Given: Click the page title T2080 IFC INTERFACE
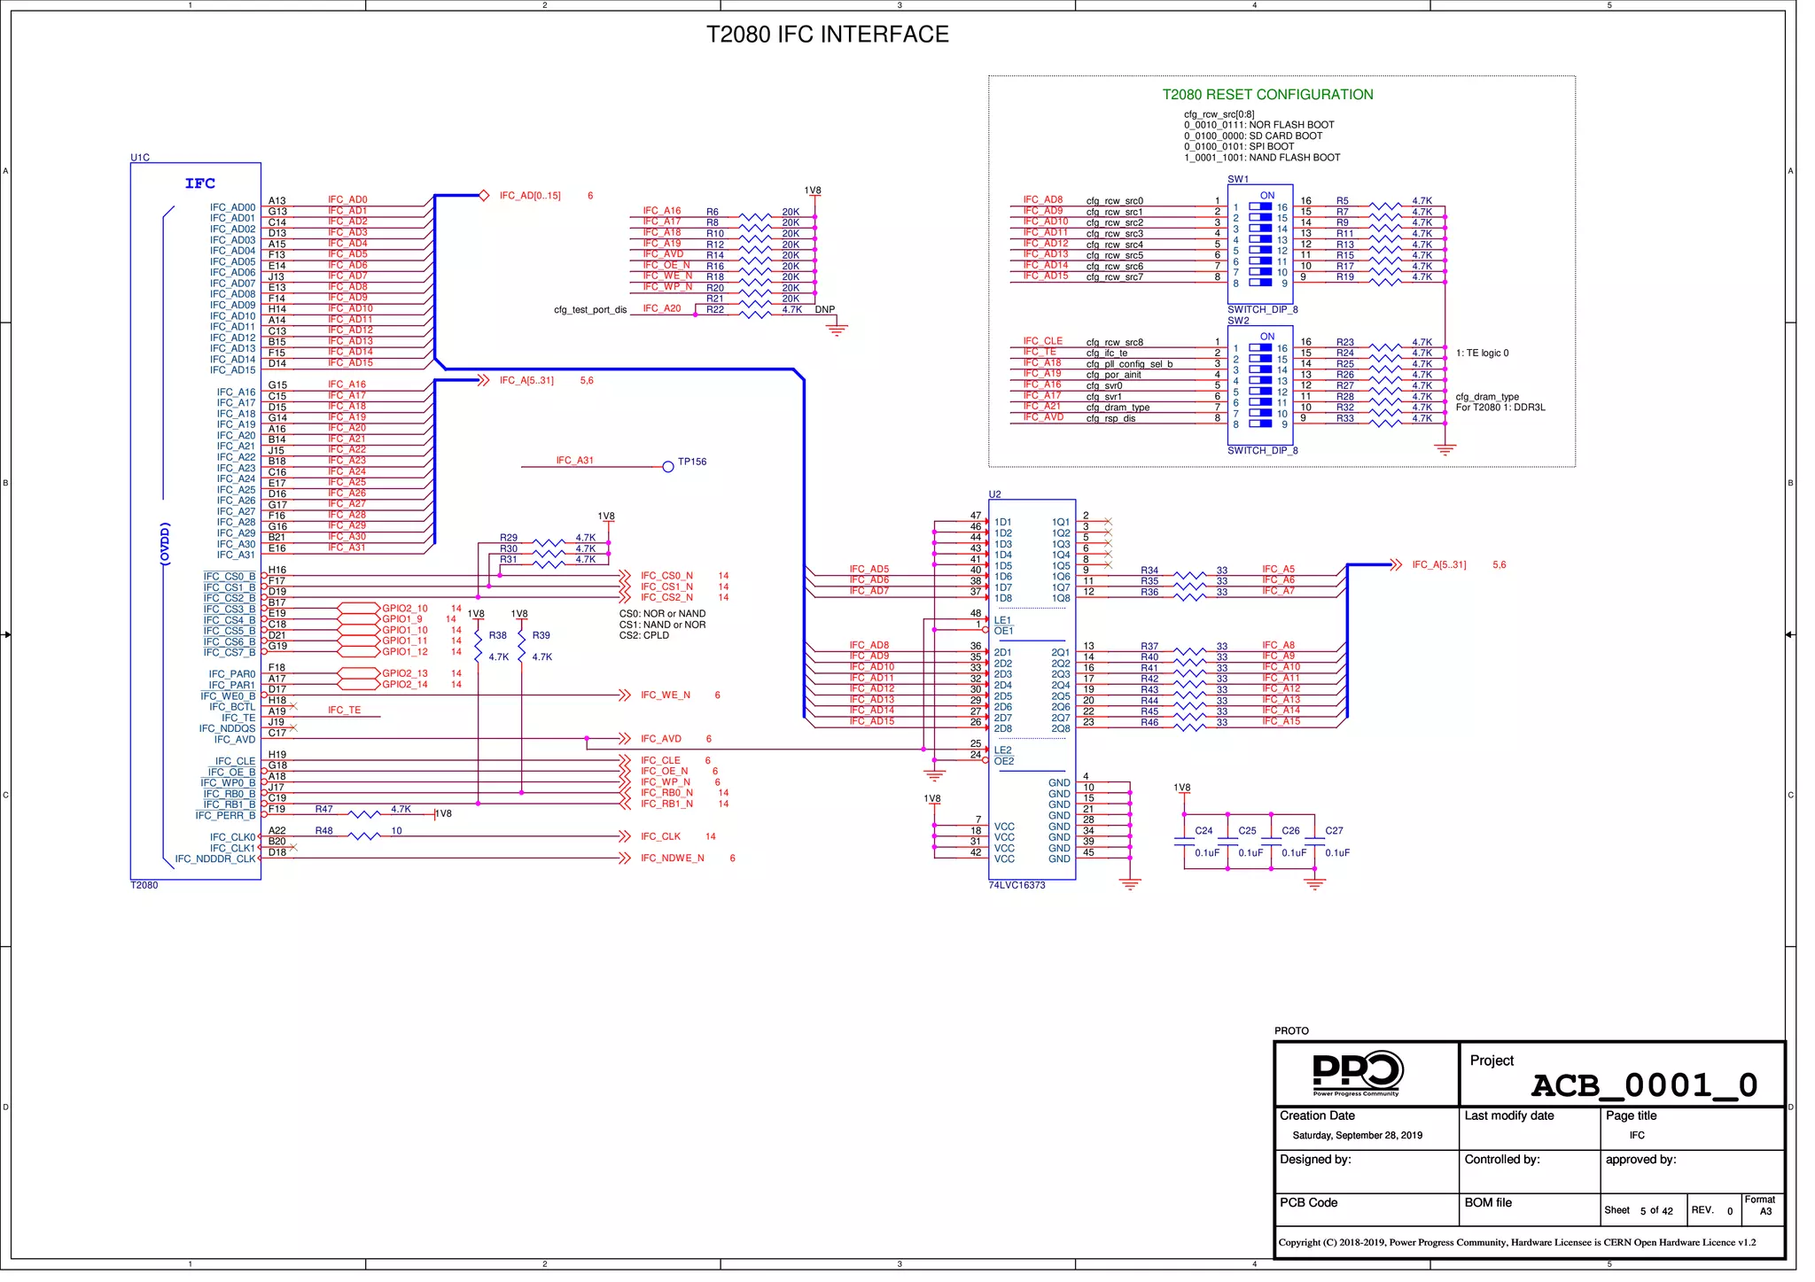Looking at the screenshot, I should point(827,35).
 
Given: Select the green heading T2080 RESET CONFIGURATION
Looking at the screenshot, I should point(1267,95).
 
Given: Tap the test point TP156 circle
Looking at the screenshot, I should point(668,467).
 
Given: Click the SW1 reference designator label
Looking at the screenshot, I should point(1238,179).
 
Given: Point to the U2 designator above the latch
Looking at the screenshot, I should point(994,494).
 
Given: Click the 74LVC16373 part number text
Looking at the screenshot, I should point(1017,885).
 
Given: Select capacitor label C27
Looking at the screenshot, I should point(1334,831).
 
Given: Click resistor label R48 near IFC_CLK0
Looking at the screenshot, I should point(323,831).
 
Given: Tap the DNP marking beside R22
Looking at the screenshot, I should point(825,310).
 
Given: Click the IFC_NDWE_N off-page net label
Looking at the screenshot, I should point(672,859).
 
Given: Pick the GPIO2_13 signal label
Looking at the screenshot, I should point(405,673).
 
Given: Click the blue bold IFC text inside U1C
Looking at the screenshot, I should point(200,183).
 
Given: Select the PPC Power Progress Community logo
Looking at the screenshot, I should point(1357,1073).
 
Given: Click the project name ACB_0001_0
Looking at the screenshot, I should point(1644,1085).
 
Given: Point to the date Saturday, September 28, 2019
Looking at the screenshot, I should point(1357,1136).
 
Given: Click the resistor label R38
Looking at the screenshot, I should point(498,635).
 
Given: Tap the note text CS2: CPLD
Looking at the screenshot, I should point(644,635).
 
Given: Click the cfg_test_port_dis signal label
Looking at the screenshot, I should point(590,310).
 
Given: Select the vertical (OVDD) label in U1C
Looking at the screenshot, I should point(165,543).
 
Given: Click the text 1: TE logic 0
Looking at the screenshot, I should point(1482,354).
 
